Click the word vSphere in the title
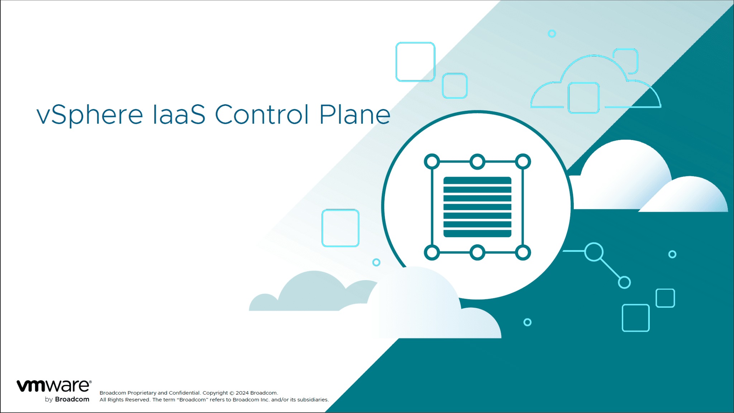(90, 115)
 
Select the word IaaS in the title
(179, 115)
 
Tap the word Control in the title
(261, 115)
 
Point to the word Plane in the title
(354, 115)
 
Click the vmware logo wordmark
(54, 386)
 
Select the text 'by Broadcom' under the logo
(67, 399)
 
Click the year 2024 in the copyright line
(242, 393)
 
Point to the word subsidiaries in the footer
(312, 400)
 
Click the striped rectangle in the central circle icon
(477, 207)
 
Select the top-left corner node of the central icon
(432, 162)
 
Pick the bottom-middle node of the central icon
(477, 253)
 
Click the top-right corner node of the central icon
(523, 162)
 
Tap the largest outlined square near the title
(415, 62)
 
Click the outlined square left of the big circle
(340, 228)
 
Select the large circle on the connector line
(594, 252)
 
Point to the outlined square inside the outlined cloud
(583, 98)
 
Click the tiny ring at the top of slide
(552, 34)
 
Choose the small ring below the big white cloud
(527, 322)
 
